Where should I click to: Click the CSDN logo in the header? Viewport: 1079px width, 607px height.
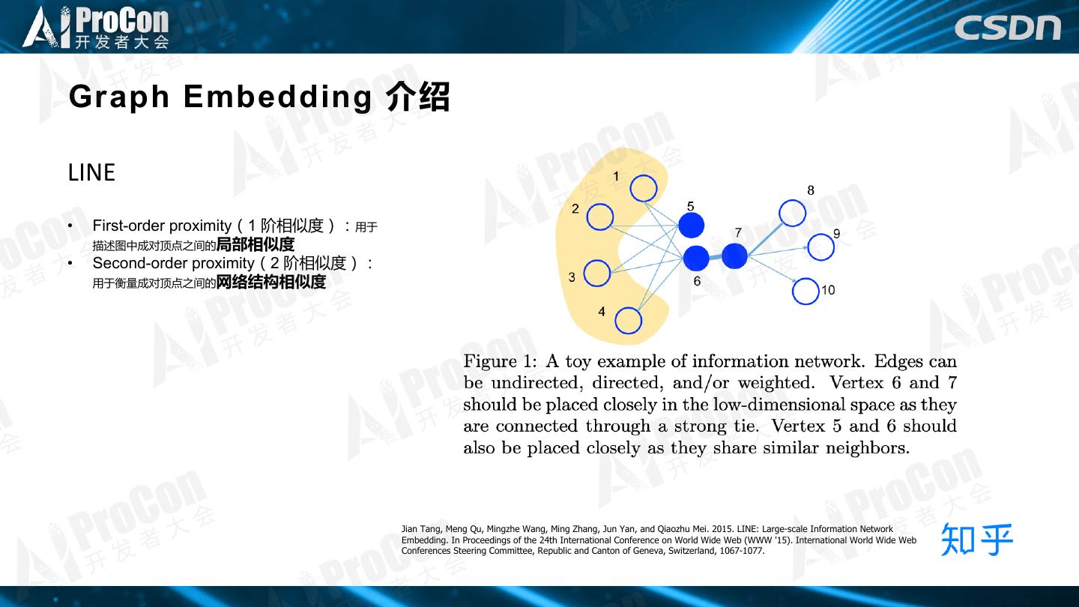1007,27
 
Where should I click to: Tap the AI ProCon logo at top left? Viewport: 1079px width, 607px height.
96,27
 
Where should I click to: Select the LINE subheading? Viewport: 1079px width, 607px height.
91,173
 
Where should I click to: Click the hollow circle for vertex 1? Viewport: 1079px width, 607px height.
644,188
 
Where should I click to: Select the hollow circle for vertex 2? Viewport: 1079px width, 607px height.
599,217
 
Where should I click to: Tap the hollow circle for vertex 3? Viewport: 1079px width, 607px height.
597,274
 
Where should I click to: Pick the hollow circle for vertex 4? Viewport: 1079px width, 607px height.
628,321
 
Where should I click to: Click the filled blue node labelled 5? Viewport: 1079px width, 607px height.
691,225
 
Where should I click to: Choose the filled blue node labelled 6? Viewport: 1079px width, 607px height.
696,258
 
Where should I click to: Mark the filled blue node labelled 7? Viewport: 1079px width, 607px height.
734,256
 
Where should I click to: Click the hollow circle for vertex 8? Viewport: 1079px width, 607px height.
792,213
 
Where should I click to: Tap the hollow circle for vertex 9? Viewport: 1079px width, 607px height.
821,247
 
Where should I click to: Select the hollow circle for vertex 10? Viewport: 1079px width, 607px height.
806,291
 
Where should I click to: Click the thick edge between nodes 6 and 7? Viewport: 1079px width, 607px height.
715,257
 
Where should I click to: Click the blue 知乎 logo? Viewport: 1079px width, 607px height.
976,539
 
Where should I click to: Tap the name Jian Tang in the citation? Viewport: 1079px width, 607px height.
420,529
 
